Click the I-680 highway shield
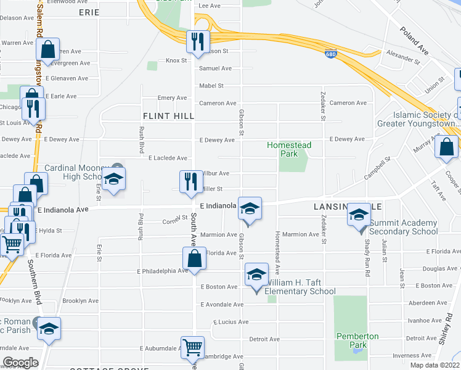[331, 55]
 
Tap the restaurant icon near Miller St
[189, 181]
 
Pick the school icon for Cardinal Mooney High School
[113, 179]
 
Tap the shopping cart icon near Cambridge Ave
[192, 348]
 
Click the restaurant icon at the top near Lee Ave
[197, 42]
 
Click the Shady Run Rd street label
[366, 244]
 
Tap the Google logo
[20, 363]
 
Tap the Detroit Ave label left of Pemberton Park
[264, 339]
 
